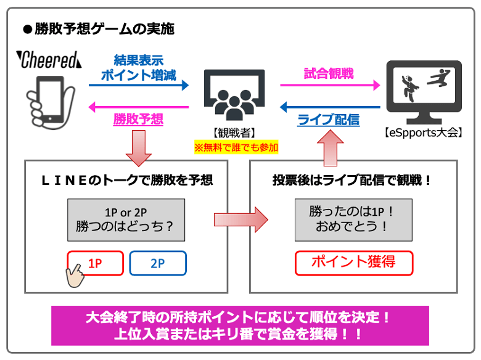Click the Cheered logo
coord(49,60)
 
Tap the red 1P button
coord(96,263)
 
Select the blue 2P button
coord(158,263)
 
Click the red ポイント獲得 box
coord(354,263)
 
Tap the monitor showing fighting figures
coord(424,92)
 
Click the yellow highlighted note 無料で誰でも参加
coord(236,147)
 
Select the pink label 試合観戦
coord(329,73)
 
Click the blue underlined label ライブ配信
coord(329,120)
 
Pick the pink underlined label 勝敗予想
coord(138,119)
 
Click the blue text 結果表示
coord(139,60)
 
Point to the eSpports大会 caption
coord(423,133)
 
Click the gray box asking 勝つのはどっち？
coord(126,220)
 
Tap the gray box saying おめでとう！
coord(353,220)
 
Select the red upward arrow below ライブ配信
coord(331,148)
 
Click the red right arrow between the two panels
coord(241,219)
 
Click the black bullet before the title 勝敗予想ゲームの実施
coord(28,30)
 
